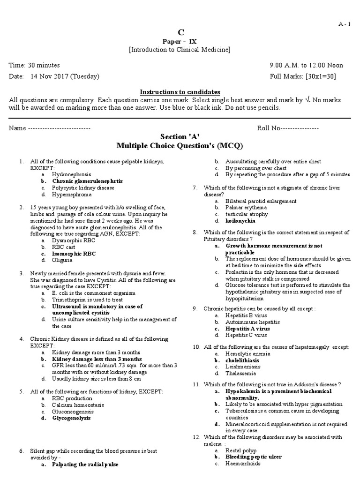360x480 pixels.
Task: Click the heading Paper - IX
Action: (180, 41)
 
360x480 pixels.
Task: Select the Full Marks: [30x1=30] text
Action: (303, 76)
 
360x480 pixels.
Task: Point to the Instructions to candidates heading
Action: (180, 92)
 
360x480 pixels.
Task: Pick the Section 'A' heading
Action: (180, 136)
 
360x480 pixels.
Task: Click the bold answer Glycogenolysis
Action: (72, 418)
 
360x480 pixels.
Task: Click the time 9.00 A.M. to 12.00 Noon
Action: (306, 65)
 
